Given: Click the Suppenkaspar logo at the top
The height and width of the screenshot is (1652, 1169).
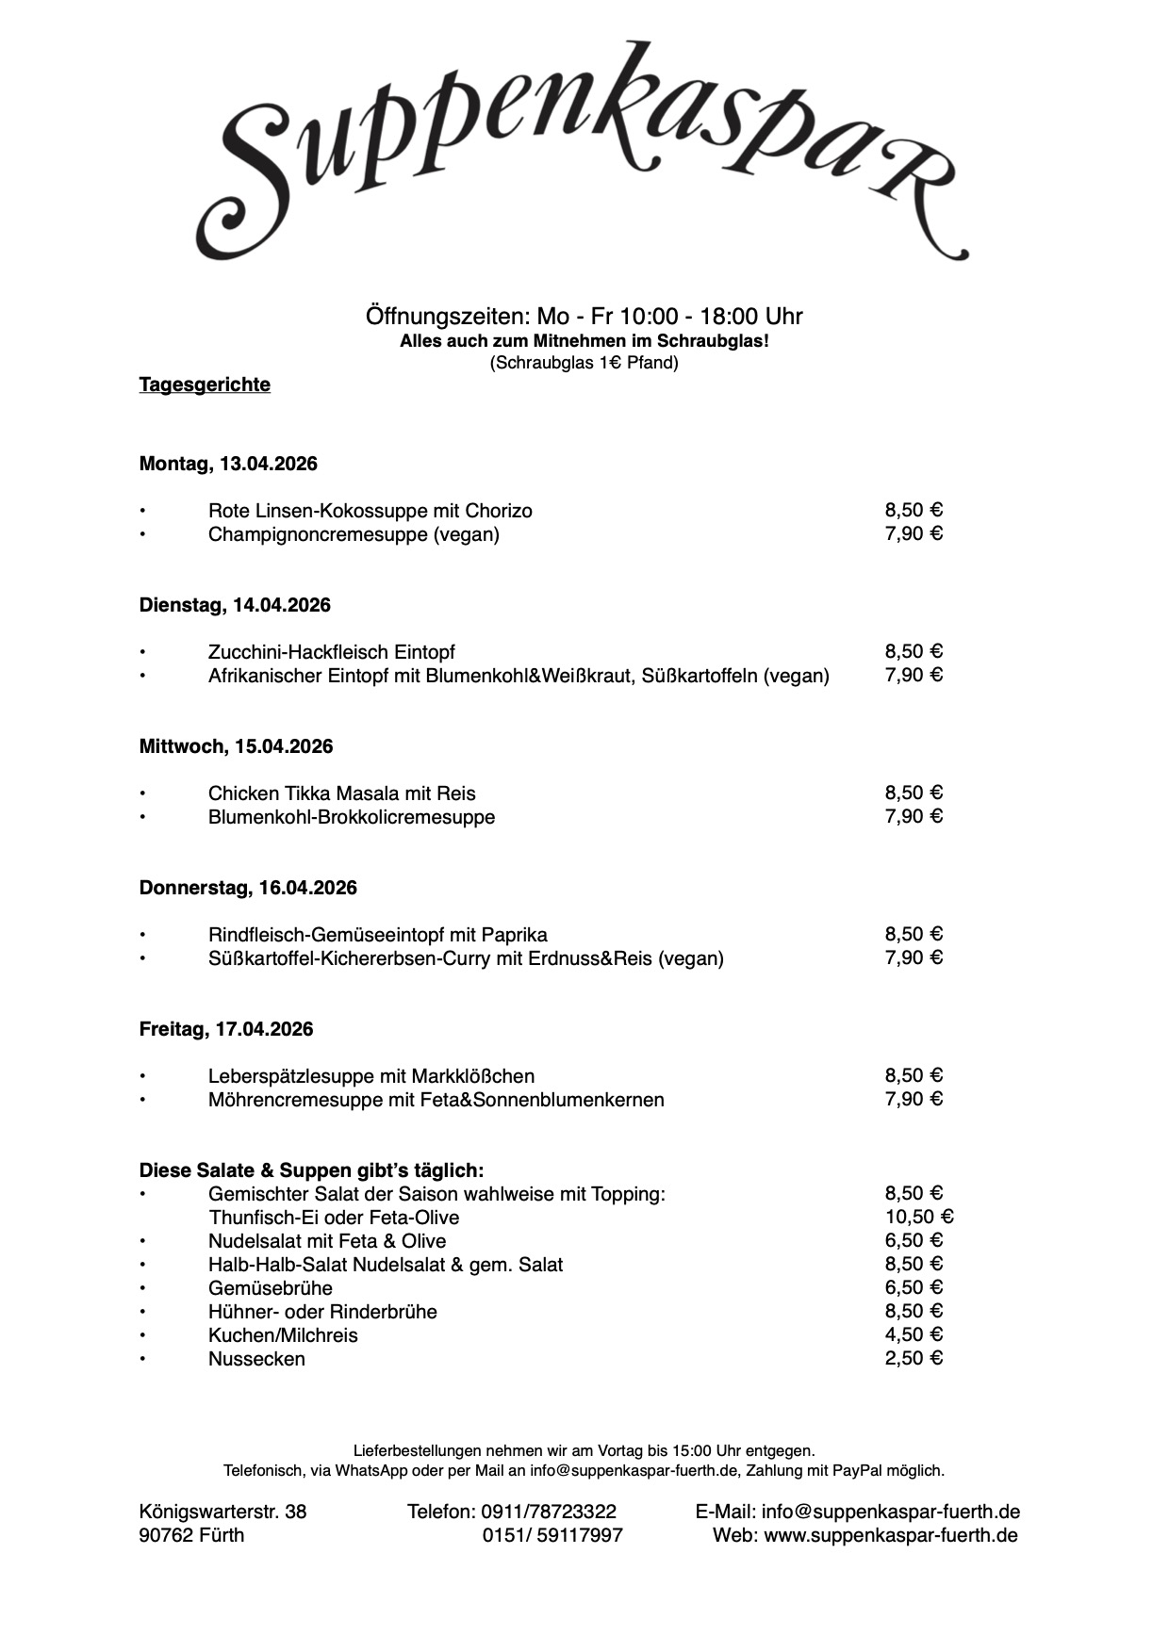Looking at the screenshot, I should pyautogui.click(x=583, y=151).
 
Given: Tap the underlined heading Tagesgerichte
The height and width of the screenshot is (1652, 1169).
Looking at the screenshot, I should pyautogui.click(x=205, y=384).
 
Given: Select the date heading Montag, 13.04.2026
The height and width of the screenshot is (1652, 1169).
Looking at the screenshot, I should pyautogui.click(x=228, y=464).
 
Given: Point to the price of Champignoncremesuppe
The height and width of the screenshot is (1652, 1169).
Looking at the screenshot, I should pyautogui.click(x=913, y=533).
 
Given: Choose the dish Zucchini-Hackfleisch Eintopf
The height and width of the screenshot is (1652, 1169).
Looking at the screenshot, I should pyautogui.click(x=331, y=652).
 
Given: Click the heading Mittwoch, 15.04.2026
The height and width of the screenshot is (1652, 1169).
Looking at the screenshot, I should pyautogui.click(x=236, y=746).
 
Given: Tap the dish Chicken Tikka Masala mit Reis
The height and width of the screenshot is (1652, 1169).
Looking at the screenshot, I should pyautogui.click(x=341, y=793).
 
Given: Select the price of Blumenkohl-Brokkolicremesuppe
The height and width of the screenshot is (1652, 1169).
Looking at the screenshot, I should pyautogui.click(x=913, y=816).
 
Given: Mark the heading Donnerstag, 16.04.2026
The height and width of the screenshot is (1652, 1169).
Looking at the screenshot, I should pyautogui.click(x=248, y=888).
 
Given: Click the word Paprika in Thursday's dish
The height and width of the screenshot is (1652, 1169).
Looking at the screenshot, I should pyautogui.click(x=514, y=935).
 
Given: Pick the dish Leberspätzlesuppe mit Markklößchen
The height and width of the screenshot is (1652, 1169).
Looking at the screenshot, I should pyautogui.click(x=370, y=1076).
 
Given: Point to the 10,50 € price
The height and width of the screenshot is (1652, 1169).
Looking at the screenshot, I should pyautogui.click(x=919, y=1217).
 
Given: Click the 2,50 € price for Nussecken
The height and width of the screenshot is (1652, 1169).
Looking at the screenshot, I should pyautogui.click(x=913, y=1358).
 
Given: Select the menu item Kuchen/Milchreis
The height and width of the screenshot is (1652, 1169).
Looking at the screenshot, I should pyautogui.click(x=283, y=1335).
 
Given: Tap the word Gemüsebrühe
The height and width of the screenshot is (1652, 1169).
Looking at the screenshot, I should pyautogui.click(x=270, y=1288).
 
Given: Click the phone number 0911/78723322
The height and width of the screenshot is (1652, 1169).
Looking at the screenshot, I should pyautogui.click(x=549, y=1512).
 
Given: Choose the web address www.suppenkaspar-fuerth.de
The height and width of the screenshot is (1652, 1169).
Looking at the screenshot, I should pyautogui.click(x=890, y=1535).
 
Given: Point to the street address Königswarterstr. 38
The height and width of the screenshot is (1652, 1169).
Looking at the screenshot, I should pyautogui.click(x=222, y=1512).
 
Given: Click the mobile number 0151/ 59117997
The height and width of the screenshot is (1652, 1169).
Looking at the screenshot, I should pyautogui.click(x=552, y=1535).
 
